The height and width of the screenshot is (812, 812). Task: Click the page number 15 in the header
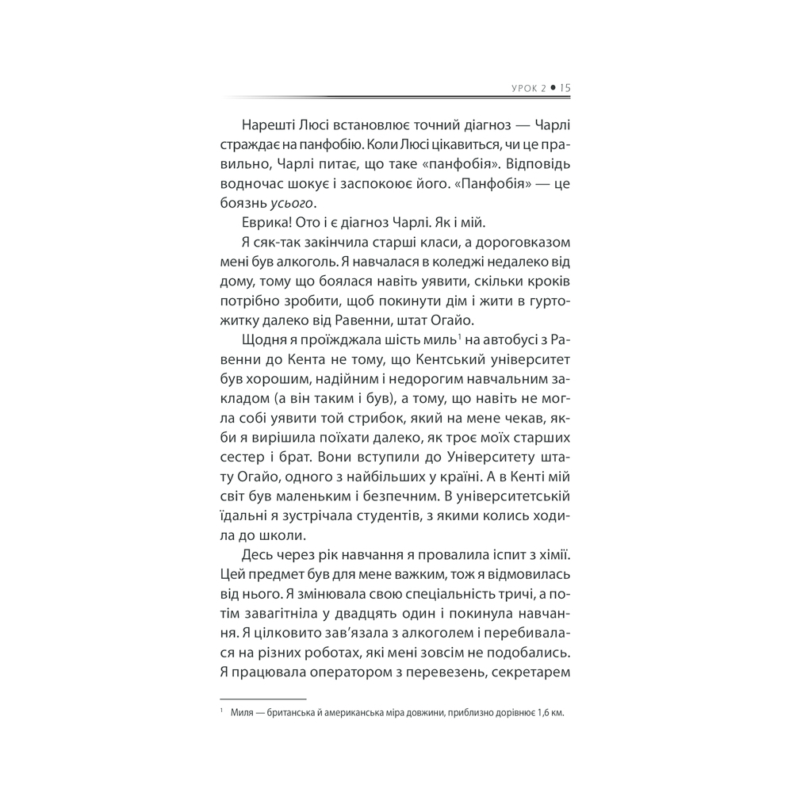tap(565, 89)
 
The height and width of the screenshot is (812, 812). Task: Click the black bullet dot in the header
tap(552, 89)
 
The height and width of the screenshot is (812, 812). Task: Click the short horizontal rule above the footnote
tap(261, 698)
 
